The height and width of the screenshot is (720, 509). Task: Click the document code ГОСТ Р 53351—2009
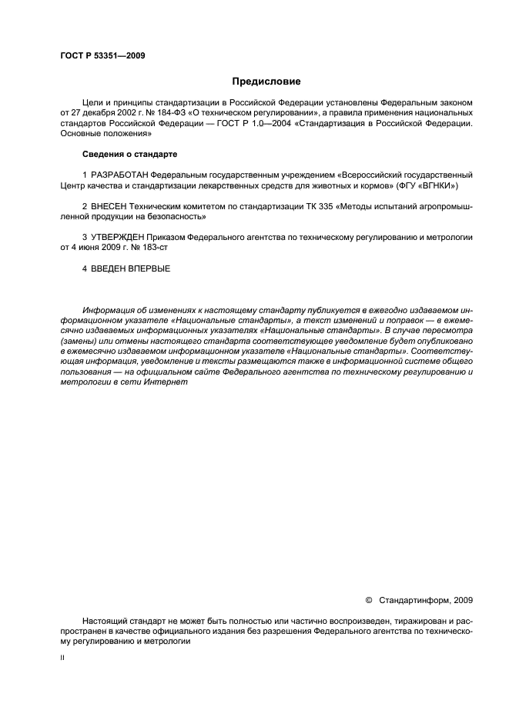click(102, 56)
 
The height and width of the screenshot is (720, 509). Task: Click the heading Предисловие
click(266, 82)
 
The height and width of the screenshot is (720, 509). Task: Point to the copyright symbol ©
click(368, 600)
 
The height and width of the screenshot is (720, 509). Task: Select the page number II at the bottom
click(62, 659)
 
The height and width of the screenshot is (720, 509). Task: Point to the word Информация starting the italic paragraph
click(106, 311)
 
